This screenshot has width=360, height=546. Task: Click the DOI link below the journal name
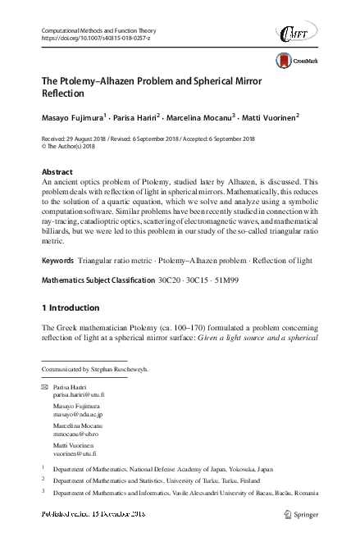click(x=91, y=39)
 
